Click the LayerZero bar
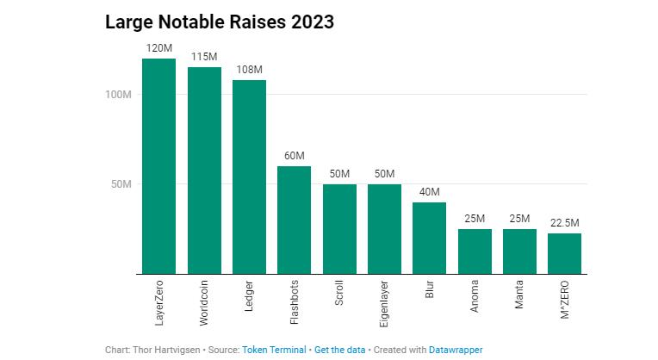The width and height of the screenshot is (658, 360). pos(159,166)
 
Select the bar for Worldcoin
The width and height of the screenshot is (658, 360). pos(204,171)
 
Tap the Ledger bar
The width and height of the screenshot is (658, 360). pos(249,177)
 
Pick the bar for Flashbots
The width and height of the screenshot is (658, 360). pos(295,220)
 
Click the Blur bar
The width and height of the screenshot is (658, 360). pos(429,239)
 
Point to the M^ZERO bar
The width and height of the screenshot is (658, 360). pos(564,254)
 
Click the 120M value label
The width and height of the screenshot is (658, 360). pos(159,48)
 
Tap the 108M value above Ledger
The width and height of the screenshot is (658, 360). pos(249,70)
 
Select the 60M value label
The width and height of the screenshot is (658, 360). pos(295,156)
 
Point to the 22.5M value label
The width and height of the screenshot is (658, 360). pos(564,223)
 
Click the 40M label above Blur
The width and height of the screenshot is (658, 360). pos(429,192)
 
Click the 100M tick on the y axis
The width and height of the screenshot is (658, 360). pos(118,95)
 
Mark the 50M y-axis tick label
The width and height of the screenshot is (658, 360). pos(121,184)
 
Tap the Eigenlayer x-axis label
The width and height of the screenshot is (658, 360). pos(384,304)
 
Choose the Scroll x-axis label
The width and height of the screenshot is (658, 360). pos(339,293)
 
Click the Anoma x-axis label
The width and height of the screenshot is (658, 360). pos(475,296)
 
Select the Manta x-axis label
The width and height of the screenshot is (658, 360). pos(519,295)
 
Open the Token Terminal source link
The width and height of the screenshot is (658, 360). pos(274,350)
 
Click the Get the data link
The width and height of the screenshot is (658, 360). pos(340,350)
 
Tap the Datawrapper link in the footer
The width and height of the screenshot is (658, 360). pos(456,350)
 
